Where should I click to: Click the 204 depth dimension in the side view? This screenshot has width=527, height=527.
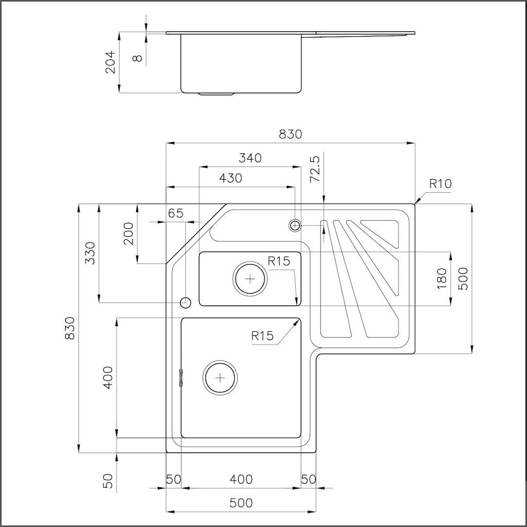[110, 62]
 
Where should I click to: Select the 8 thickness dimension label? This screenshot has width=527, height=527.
[138, 58]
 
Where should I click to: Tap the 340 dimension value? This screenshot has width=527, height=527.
[250, 158]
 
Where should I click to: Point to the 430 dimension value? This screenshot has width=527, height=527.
[230, 178]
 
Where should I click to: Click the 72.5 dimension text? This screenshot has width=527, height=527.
[315, 169]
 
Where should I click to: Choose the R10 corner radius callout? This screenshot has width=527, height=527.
[441, 184]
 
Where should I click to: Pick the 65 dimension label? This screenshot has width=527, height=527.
[176, 213]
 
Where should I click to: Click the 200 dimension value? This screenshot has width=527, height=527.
[129, 234]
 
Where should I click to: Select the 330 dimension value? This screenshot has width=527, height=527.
[91, 253]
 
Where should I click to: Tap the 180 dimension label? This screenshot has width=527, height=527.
[442, 278]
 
